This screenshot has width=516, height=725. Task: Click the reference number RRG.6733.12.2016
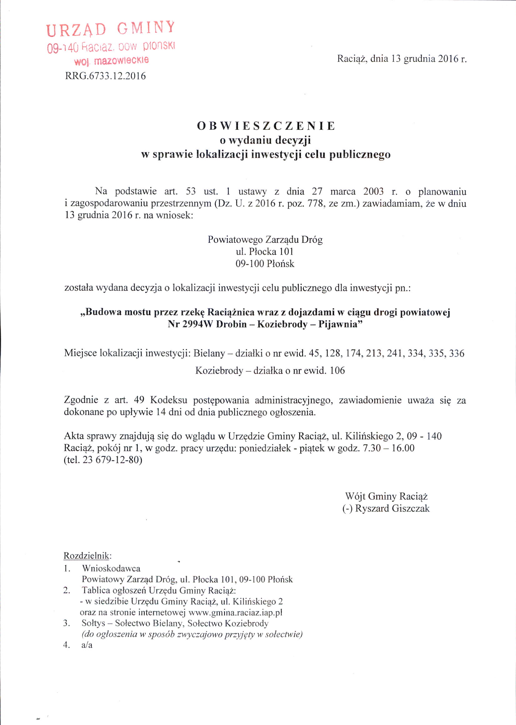(105, 76)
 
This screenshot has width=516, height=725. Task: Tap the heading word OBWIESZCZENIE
(266, 126)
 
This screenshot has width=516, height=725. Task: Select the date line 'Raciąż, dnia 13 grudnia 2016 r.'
(402, 59)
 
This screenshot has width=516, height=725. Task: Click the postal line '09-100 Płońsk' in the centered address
(265, 264)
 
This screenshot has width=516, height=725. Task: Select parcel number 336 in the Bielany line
(455, 353)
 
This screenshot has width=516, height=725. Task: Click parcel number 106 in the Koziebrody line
(337, 370)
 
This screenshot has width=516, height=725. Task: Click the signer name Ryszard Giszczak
(392, 508)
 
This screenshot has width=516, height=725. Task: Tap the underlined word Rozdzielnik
(87, 556)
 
